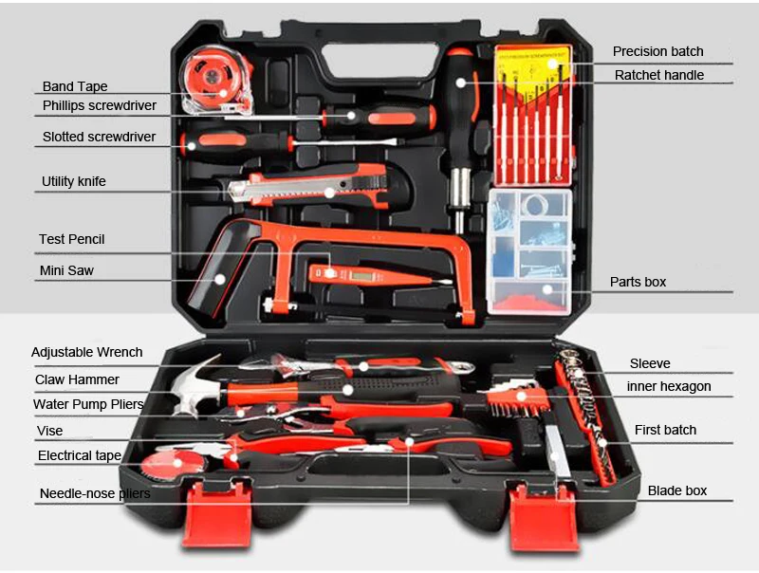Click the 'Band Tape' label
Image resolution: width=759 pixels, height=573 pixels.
click(75, 86)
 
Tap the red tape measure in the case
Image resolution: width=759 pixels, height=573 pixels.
click(216, 81)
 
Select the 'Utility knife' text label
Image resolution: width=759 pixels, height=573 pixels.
click(74, 181)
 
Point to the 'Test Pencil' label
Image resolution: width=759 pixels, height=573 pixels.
click(72, 240)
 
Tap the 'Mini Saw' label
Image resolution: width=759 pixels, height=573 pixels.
click(66, 270)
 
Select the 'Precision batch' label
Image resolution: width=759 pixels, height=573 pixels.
click(657, 51)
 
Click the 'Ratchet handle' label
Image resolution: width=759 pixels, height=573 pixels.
click(659, 75)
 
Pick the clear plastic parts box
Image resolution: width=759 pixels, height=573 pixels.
click(529, 252)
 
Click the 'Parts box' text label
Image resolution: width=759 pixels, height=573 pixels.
click(638, 282)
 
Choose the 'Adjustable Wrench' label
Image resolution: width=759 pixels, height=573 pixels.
click(86, 352)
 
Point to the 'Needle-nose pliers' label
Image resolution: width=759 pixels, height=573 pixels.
click(95, 493)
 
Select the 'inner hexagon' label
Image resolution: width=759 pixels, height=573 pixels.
click(669, 386)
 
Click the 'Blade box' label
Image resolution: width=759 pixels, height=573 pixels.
click(677, 490)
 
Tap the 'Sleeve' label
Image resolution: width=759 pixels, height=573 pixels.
click(650, 363)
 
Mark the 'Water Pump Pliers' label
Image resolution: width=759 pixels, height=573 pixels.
click(88, 404)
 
